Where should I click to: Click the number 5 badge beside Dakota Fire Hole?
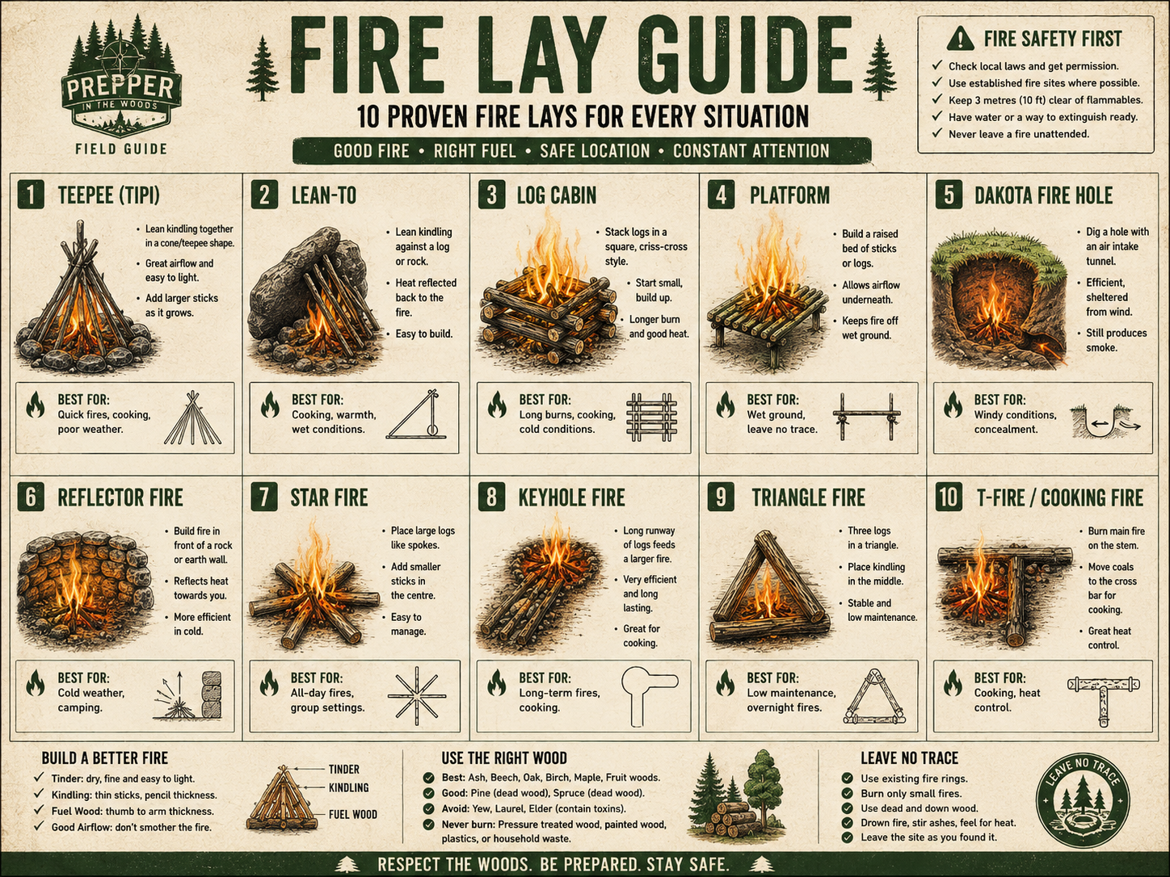coord(949,195)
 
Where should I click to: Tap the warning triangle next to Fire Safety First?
coord(961,38)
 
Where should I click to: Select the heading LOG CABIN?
coord(556,195)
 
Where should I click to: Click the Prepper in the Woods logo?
coord(121,80)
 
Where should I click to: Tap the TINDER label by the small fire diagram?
coord(343,770)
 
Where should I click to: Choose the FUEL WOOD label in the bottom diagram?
coord(352,814)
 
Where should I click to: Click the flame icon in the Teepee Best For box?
coord(36,405)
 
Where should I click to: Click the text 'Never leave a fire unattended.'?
coord(1019,134)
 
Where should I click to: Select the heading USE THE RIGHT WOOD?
coord(503,757)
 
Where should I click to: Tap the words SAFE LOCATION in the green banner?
coord(595,151)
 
